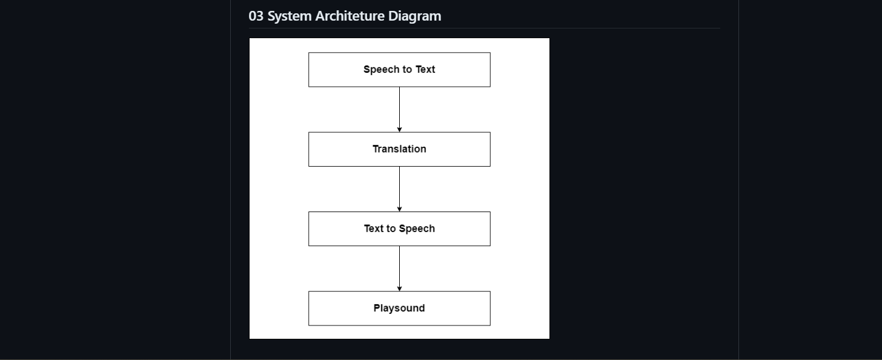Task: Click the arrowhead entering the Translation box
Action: [x=399, y=129]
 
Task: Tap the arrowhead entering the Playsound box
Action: [x=399, y=288]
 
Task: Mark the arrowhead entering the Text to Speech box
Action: [x=399, y=209]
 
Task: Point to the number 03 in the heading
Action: [x=256, y=16]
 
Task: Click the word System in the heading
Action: [x=289, y=16]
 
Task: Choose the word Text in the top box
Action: [x=425, y=69]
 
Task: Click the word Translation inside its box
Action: [x=399, y=149]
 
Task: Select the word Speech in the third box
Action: [x=417, y=228]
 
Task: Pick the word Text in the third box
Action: [x=374, y=228]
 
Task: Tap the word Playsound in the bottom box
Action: [x=399, y=308]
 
